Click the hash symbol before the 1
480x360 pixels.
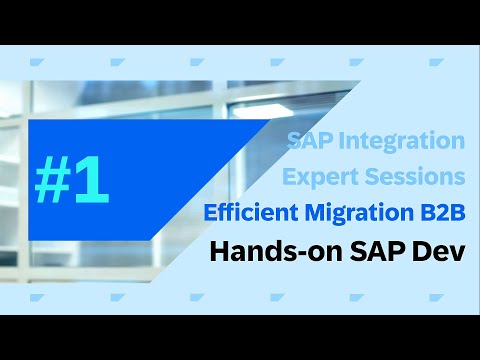coord(56,179)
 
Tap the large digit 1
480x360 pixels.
coord(91,179)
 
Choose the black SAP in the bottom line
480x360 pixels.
coord(365,251)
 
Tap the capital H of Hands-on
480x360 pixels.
coord(217,251)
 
